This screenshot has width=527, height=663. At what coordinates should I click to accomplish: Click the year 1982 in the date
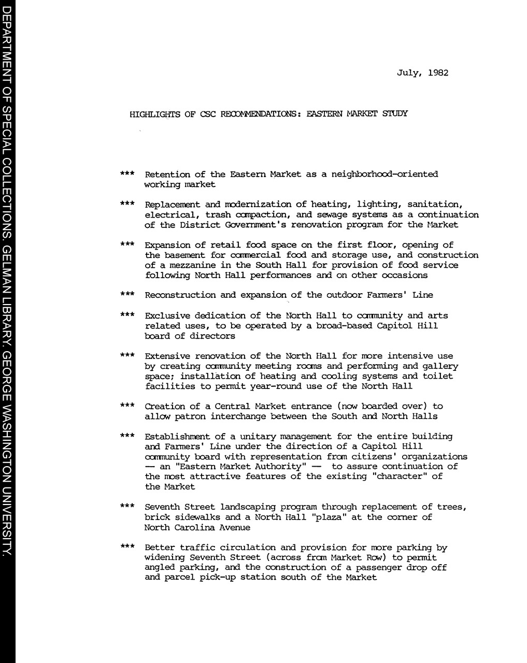click(438, 73)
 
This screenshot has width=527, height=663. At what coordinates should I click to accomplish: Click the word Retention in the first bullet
click(167, 175)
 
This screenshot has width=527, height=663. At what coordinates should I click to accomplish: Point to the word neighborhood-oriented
click(384, 175)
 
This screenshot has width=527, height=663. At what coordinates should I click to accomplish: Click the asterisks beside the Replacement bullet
click(127, 204)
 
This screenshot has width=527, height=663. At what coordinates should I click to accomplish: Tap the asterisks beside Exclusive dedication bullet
click(127, 315)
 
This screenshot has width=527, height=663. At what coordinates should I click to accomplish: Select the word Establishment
click(177, 437)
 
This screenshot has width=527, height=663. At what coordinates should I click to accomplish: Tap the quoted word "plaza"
click(332, 517)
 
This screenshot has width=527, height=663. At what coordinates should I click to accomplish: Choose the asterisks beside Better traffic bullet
click(127, 547)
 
